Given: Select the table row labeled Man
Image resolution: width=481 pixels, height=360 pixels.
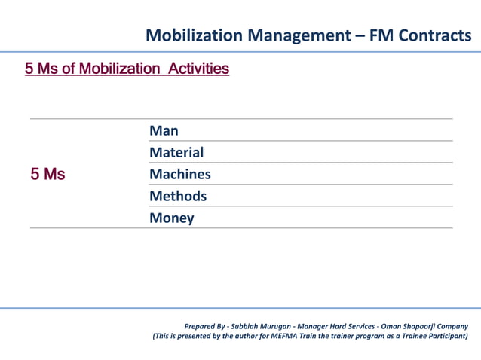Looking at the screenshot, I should click(164, 131).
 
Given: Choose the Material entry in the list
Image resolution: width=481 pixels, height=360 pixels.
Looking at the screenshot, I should click(176, 153).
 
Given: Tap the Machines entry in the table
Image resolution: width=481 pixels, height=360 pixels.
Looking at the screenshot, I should click(180, 175).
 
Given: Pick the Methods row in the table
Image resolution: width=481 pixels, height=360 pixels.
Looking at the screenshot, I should click(178, 197).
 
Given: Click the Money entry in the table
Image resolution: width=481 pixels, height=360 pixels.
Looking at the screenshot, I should click(171, 218).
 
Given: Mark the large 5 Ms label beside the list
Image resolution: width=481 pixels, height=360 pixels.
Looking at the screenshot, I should click(47, 175).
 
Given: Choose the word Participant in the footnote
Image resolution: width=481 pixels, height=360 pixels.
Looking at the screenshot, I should click(445, 336).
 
